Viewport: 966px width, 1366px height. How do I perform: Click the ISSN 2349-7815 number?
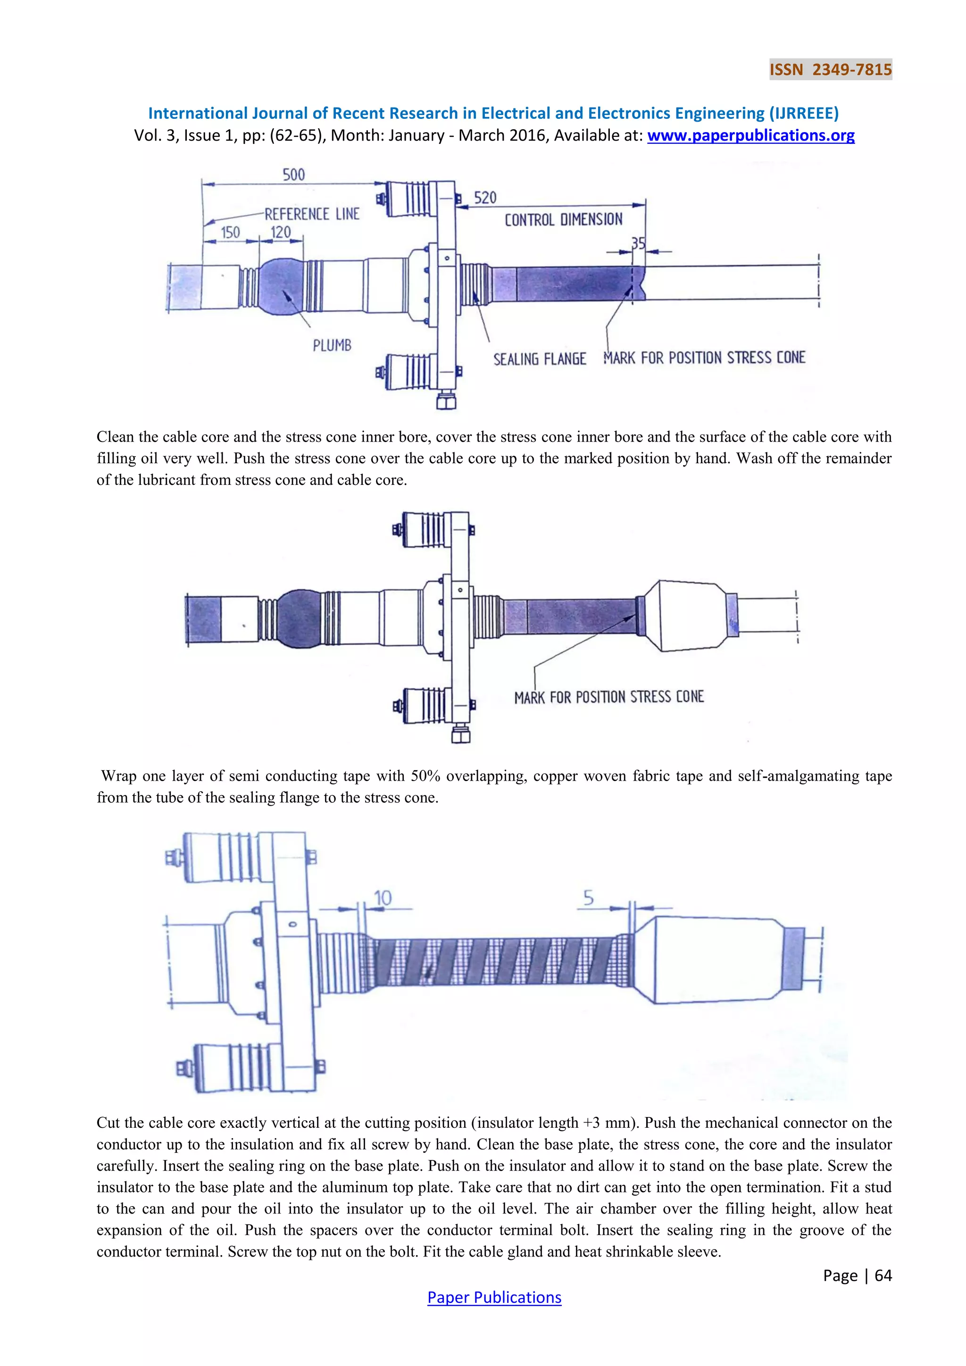click(830, 70)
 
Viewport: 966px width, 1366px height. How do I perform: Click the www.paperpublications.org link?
click(750, 136)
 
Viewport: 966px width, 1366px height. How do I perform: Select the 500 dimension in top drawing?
click(294, 175)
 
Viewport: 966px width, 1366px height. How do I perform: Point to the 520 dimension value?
click(485, 198)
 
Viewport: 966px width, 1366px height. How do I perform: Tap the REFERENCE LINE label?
click(312, 214)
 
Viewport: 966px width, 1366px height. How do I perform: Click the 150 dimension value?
click(230, 233)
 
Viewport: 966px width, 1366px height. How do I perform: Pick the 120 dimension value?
click(281, 233)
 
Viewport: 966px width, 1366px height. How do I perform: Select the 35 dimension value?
click(638, 244)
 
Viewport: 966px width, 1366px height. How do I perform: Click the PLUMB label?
click(332, 346)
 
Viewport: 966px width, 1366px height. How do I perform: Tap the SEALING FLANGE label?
click(540, 359)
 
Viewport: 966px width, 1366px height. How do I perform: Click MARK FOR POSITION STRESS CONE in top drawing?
click(704, 358)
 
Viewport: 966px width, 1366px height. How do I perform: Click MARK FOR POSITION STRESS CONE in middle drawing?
click(608, 697)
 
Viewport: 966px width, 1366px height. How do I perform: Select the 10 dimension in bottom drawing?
click(383, 898)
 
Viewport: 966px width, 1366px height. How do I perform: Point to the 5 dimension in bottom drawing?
click(588, 897)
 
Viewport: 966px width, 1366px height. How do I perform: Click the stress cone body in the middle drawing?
click(690, 615)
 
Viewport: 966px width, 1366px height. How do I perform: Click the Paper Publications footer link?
click(494, 1298)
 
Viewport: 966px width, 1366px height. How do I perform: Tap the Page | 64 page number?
click(857, 1275)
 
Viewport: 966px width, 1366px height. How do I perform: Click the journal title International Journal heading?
click(493, 113)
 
